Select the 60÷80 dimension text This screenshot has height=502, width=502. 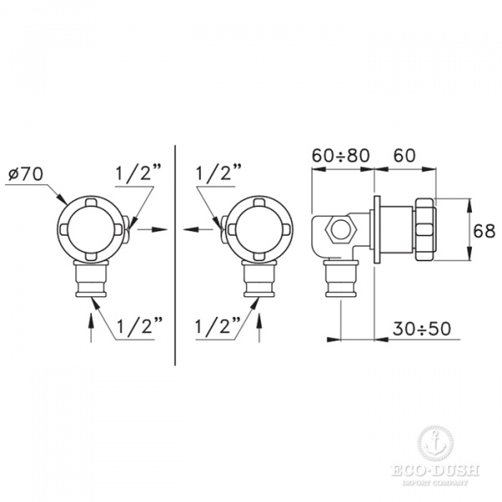(340, 155)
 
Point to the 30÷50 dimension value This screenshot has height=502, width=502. (422, 328)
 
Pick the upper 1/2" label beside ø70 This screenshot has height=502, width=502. (136, 174)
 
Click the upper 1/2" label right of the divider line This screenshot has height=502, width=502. (218, 174)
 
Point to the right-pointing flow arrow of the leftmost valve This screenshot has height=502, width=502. (149, 228)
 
